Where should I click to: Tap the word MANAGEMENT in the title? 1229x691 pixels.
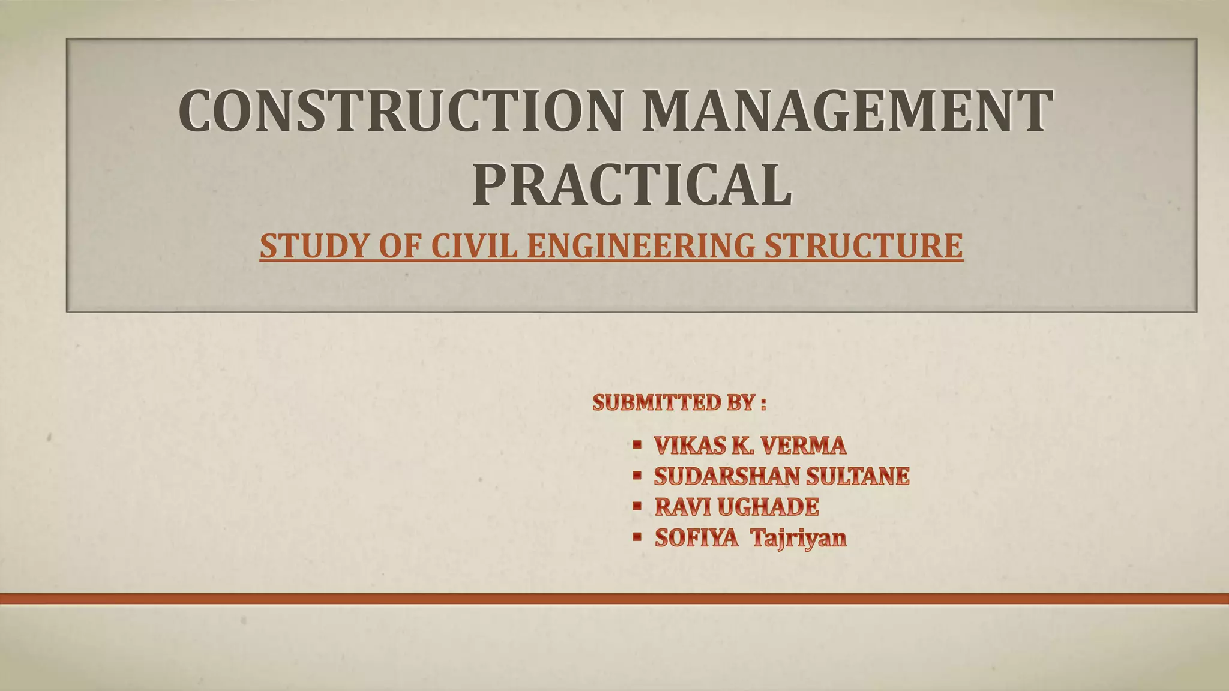point(847,111)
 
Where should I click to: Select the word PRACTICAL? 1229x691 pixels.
point(632,184)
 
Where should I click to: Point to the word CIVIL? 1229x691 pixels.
point(474,246)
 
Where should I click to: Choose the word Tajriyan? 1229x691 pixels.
point(799,538)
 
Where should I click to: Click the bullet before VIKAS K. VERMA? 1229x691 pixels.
point(637,444)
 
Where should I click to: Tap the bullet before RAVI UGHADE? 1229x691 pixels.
point(637,506)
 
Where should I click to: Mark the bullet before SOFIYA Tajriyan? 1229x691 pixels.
point(637,537)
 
